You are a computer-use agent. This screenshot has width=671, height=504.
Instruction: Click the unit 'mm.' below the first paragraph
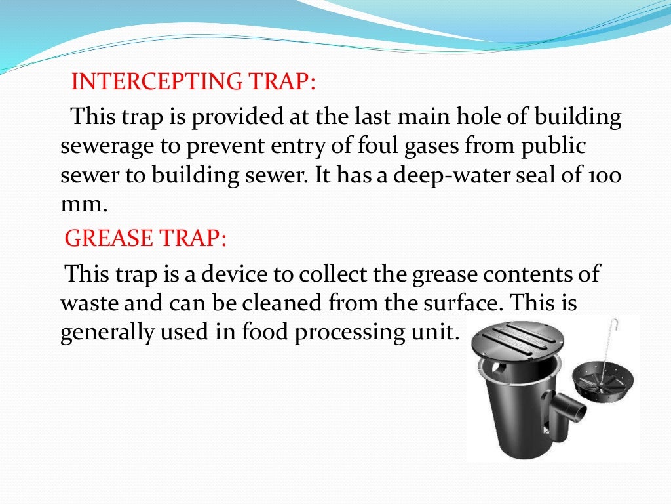point(83,204)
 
